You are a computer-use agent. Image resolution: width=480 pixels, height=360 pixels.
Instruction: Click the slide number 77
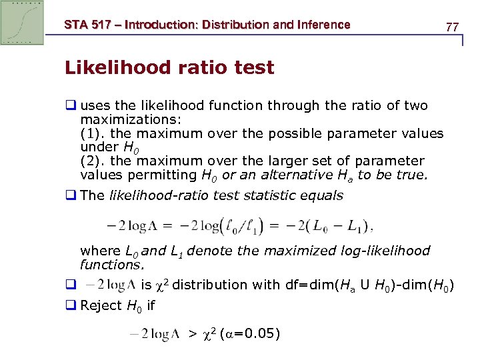pyautogui.click(x=452, y=27)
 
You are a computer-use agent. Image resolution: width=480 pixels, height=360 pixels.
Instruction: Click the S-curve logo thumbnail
pyautogui.click(x=23, y=22)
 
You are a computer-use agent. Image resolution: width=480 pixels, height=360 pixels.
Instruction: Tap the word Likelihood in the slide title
pyautogui.click(x=103, y=68)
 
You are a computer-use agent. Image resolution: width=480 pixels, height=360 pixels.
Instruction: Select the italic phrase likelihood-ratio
pyautogui.click(x=157, y=195)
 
